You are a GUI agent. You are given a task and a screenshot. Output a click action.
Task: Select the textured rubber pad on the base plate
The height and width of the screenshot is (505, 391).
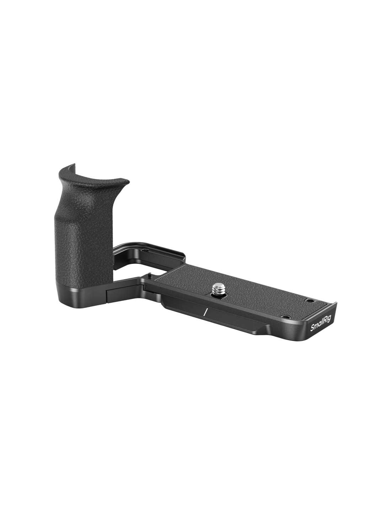235,290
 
